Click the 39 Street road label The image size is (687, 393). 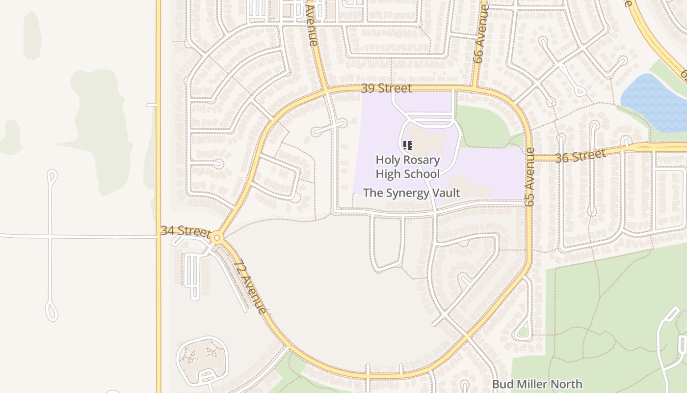386,88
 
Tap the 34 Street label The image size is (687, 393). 185,231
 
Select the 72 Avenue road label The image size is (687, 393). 250,287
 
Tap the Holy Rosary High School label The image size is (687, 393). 407,167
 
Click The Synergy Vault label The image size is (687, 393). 411,193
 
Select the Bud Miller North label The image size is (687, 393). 537,384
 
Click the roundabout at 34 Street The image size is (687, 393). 217,238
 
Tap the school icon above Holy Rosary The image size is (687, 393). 407,145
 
